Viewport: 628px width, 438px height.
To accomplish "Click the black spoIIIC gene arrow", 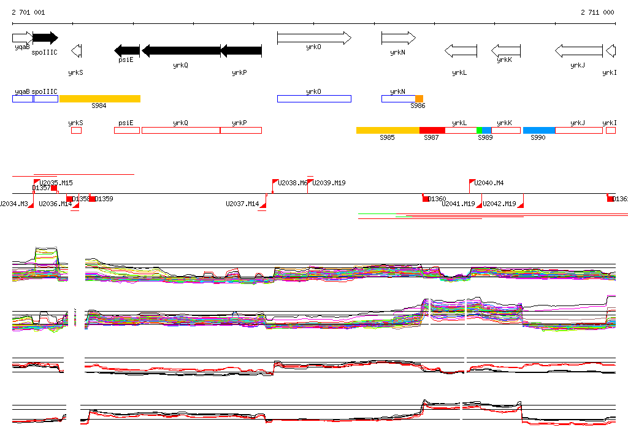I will tap(45, 37).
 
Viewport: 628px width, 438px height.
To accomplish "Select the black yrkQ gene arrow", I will tap(180, 50).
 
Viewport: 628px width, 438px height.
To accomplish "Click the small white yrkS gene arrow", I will tap(77, 50).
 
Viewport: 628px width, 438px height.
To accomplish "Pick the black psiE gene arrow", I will tap(127, 50).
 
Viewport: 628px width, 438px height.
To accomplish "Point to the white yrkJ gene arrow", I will tap(579, 50).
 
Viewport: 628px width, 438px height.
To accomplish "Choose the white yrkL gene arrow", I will tap(461, 50).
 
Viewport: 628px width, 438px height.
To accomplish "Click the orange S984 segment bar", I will tap(100, 99).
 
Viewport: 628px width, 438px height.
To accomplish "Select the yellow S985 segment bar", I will tap(388, 130).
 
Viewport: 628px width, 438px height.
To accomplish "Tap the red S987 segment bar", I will tap(432, 130).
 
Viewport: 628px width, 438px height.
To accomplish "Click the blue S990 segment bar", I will tap(539, 130).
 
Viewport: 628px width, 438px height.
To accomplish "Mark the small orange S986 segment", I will tap(419, 99).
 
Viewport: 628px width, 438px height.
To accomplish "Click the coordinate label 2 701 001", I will tap(28, 12).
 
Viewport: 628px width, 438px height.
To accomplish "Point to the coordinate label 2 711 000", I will tap(597, 12).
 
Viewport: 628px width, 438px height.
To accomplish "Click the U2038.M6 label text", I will tap(293, 183).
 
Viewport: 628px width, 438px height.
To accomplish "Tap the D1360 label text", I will tap(437, 199).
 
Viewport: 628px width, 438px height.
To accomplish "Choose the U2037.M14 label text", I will tap(242, 204).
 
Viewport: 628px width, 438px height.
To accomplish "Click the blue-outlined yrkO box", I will tap(314, 99).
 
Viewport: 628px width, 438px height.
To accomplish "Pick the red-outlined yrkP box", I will tap(240, 130).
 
